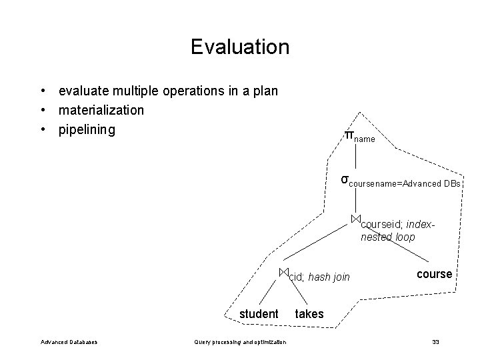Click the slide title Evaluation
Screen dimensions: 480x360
tap(239, 47)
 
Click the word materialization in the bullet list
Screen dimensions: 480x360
tap(101, 109)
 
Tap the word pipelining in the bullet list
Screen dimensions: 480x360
tap(87, 129)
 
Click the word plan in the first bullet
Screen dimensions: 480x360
tap(265, 90)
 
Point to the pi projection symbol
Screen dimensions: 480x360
tap(348, 135)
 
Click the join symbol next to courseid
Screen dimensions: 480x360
tap(356, 219)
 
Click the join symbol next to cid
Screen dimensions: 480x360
tap(283, 272)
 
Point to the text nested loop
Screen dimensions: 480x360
tap(387, 237)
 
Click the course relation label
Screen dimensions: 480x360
tap(435, 274)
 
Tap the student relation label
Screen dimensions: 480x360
tap(259, 314)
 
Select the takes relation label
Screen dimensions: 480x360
tap(309, 314)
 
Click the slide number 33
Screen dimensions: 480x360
tap(435, 342)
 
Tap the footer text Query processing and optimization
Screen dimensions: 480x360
tap(240, 342)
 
